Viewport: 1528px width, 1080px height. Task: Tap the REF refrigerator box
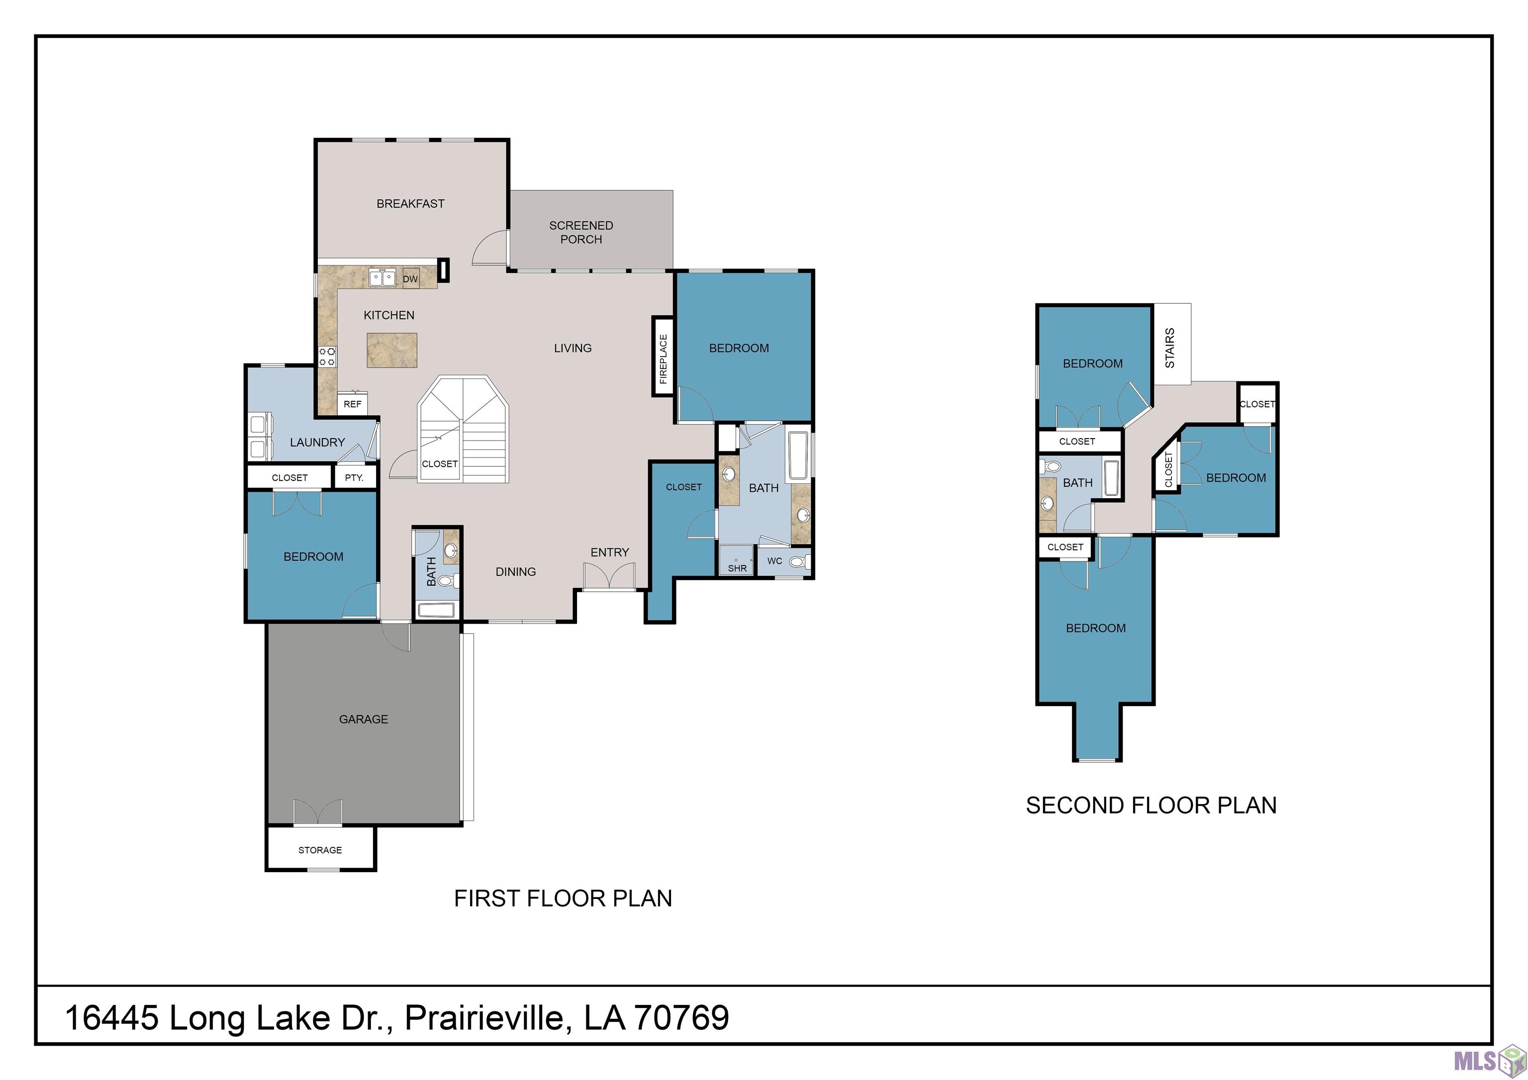click(x=353, y=404)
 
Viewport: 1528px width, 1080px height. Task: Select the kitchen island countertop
click(x=392, y=350)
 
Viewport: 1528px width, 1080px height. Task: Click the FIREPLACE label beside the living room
click(x=663, y=359)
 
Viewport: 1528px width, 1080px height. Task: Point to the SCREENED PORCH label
click(x=581, y=232)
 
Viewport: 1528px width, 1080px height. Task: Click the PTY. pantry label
click(x=354, y=477)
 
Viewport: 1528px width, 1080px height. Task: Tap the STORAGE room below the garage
click(x=320, y=850)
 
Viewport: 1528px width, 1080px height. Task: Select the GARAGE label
click(x=364, y=719)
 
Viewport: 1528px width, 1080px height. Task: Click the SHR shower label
click(x=737, y=568)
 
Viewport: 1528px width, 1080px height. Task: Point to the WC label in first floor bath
click(x=774, y=561)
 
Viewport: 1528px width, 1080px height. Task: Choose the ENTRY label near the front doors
click(x=610, y=552)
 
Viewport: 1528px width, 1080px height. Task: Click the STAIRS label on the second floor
click(x=1170, y=348)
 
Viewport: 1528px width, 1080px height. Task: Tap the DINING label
click(x=516, y=572)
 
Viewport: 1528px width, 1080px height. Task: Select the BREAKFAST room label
click(x=411, y=204)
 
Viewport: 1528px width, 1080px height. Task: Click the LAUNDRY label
click(x=317, y=443)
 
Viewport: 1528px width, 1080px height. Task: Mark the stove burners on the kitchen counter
click(x=327, y=357)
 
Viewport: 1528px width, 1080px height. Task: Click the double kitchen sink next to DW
click(x=382, y=277)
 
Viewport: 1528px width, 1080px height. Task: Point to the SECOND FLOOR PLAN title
click(x=1151, y=805)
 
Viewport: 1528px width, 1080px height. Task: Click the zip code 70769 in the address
click(x=682, y=1017)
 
